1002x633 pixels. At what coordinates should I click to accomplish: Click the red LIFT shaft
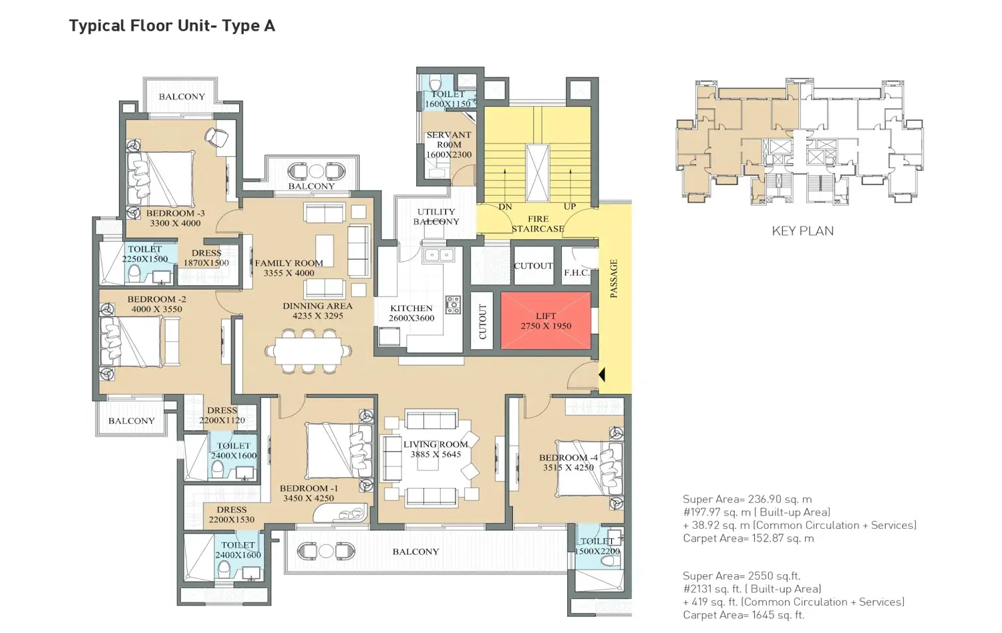pos(546,321)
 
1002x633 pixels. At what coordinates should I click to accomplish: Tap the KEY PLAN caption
pos(802,231)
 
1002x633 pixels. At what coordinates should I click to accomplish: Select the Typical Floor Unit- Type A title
pos(172,26)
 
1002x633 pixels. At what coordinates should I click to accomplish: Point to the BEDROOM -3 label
pos(175,214)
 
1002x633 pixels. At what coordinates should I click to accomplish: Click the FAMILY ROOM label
pos(289,263)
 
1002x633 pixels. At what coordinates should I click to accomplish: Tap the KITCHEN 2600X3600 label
pos(411,313)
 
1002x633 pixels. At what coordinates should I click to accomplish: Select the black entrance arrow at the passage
pos(601,375)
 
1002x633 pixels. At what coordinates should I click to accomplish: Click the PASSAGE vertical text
pos(614,278)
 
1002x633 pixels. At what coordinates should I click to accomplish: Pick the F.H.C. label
pos(576,272)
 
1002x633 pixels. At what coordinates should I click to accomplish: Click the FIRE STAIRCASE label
pos(538,224)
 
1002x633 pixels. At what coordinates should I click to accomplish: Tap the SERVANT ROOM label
pos(449,140)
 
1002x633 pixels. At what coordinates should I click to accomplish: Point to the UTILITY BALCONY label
pos(436,216)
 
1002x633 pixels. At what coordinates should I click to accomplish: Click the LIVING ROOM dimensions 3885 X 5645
pos(436,455)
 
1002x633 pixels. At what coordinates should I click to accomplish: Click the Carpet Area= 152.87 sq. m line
pos(748,538)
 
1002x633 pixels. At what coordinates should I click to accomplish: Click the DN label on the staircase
pos(505,207)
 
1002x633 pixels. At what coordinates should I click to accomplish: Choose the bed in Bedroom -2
pos(132,341)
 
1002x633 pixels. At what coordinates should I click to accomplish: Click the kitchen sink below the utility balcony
pos(439,255)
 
